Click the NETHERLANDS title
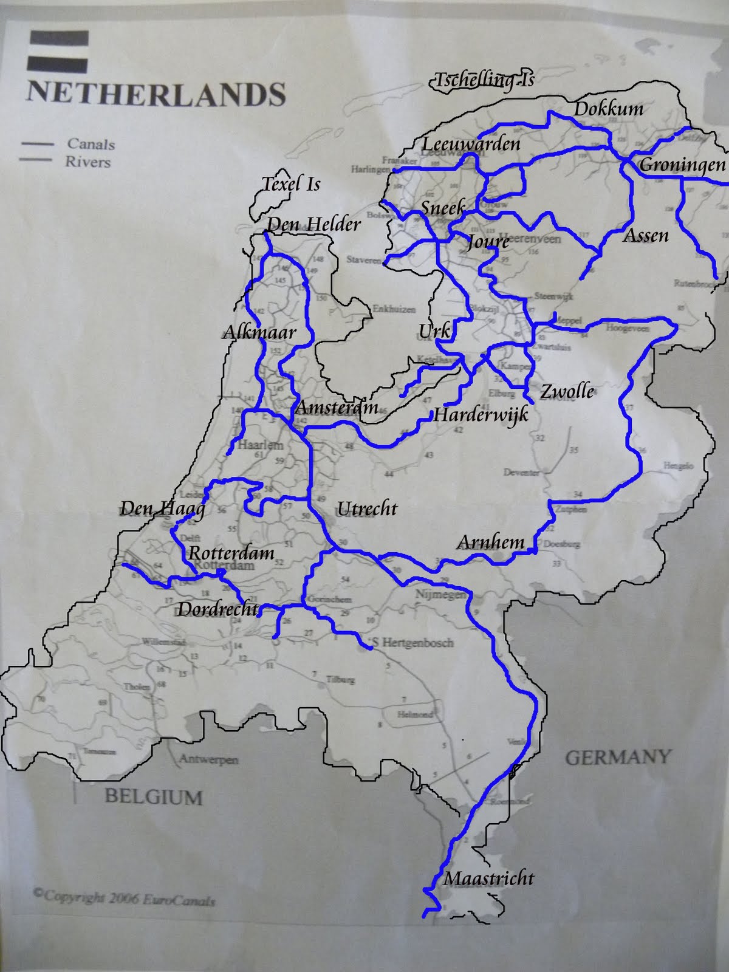click(156, 94)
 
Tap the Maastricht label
click(488, 878)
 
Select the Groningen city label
click(682, 165)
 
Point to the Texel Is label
click(290, 184)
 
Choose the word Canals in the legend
click(91, 144)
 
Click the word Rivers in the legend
click(88, 162)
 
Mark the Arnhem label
click(490, 541)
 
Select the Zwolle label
click(567, 391)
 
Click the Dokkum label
click(608, 109)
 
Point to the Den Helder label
click(313, 224)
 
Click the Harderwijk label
click(480, 415)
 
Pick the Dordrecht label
click(217, 609)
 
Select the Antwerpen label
click(208, 759)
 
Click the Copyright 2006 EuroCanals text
click(124, 898)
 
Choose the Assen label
click(646, 235)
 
